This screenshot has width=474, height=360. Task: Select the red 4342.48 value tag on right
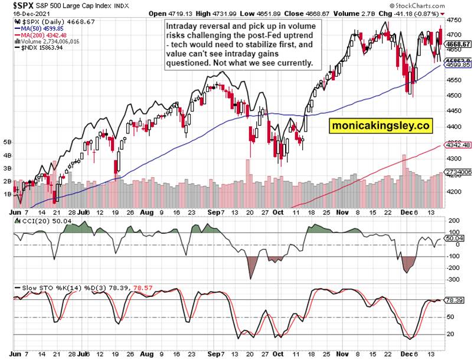point(457,145)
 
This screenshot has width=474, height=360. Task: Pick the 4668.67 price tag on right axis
point(458,44)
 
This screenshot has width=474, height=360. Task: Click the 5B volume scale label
point(7,142)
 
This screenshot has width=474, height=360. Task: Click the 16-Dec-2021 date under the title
point(18,12)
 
